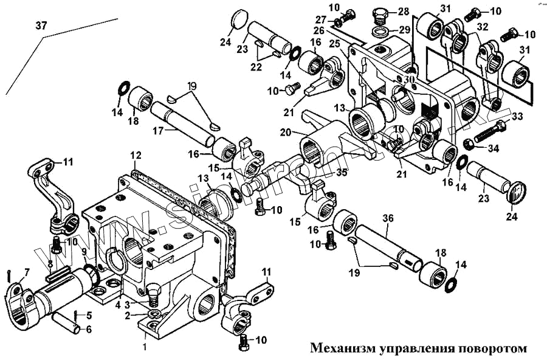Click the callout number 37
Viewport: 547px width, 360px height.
point(41,26)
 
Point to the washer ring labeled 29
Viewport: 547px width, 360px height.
point(380,30)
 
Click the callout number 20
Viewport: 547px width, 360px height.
point(285,131)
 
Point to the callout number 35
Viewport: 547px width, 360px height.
point(342,173)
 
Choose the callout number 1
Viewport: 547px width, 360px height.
point(144,347)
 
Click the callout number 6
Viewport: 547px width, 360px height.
point(89,329)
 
